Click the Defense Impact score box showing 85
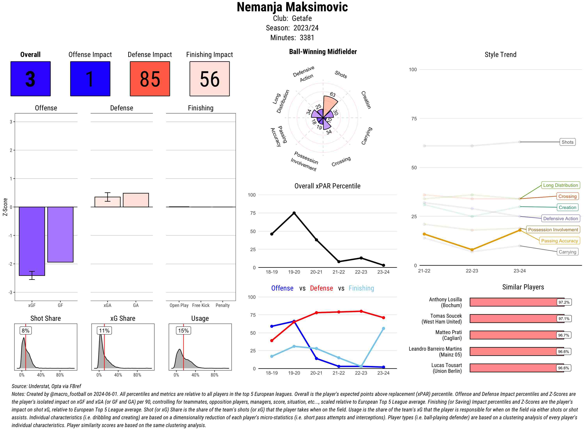pos(150,79)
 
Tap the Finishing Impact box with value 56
pos(210,79)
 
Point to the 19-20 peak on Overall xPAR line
pos(294,213)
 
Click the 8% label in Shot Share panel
pos(25,331)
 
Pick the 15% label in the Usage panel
pos(183,331)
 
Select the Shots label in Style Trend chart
pos(567,142)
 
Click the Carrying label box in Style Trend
pos(567,252)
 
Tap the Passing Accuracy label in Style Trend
pos(559,241)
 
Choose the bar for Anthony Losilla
pos(517,302)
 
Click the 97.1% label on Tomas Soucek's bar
pos(564,319)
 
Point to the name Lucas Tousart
pos(446,365)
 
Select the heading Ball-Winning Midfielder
pos(323,52)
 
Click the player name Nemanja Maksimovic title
pos(292,7)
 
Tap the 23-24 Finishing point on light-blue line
pos(383,329)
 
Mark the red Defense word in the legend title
pos(321,288)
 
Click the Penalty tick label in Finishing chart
pos(222,305)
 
